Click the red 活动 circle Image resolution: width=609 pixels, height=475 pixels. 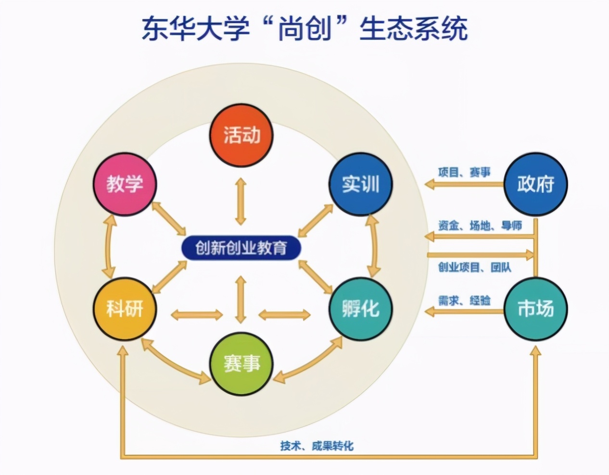241,135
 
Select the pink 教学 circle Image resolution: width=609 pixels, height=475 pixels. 125,184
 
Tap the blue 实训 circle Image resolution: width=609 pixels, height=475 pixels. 361,184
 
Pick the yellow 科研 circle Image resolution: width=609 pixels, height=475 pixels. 125,309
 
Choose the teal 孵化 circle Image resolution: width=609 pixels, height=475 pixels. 361,309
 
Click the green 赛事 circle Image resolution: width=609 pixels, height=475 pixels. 241,364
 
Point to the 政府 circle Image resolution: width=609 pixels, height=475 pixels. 535,184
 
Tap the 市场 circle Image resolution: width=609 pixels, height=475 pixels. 535,309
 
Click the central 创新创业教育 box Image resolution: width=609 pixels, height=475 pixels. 241,248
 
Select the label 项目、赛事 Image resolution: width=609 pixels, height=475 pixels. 464,172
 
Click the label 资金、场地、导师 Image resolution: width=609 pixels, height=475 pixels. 480,225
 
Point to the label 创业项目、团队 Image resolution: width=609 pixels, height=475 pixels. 474,267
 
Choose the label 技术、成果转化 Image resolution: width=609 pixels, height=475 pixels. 317,446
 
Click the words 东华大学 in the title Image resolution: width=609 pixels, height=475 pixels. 196,28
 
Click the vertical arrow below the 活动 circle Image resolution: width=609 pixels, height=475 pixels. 241,201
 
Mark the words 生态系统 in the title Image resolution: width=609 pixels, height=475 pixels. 414,28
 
